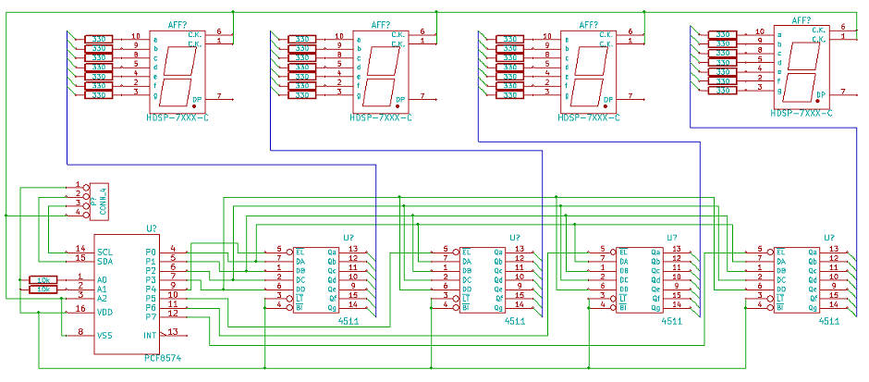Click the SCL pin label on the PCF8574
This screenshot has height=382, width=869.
(105, 252)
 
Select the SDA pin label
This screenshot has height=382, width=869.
(105, 261)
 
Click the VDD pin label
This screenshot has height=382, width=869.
(105, 313)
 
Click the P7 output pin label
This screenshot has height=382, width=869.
(152, 315)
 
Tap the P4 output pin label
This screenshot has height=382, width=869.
(152, 289)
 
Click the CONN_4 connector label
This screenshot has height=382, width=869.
(104, 201)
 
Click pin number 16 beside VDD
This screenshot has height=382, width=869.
(80, 309)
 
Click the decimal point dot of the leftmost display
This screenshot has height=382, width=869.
(195, 106)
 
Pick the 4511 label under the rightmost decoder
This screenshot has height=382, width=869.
(829, 321)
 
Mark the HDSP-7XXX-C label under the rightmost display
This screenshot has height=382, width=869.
(802, 113)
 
